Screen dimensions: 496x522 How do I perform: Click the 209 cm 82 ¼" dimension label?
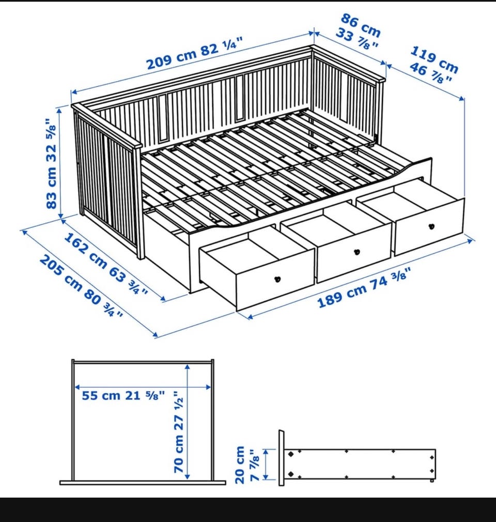[x=194, y=54]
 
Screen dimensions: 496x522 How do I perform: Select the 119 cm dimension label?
[x=435, y=59]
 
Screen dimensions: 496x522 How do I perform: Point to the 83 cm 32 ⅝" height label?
[x=52, y=164]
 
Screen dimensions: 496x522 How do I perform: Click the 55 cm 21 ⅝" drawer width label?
[x=123, y=395]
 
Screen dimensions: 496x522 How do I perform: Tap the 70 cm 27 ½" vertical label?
[x=179, y=433]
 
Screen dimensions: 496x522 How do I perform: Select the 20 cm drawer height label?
[x=240, y=465]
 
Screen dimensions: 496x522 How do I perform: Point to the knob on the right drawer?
[x=431, y=226]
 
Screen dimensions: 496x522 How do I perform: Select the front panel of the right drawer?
[x=429, y=227]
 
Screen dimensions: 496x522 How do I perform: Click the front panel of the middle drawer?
[x=354, y=253]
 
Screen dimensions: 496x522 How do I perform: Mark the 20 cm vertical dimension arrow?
[x=266, y=465]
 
